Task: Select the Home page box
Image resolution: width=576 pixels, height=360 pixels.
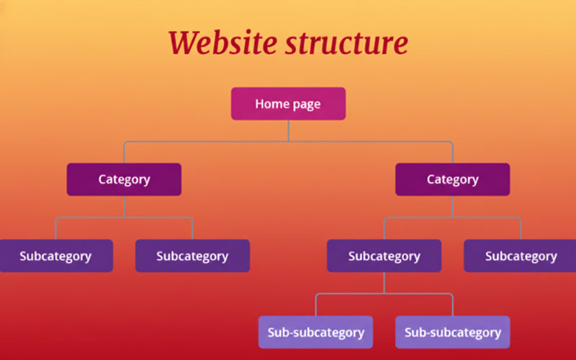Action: tap(288, 104)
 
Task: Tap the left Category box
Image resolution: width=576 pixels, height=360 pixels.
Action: tap(124, 179)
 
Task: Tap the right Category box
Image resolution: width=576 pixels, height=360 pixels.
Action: tap(452, 179)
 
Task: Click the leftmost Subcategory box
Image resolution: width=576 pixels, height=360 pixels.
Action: tap(55, 256)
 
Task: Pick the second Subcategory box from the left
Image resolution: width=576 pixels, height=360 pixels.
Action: tap(192, 256)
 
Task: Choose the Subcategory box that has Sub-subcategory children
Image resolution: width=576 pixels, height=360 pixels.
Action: tap(384, 256)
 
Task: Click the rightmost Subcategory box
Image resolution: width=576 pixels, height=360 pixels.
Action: tap(521, 256)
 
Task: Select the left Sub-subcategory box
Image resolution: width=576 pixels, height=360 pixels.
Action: tap(315, 332)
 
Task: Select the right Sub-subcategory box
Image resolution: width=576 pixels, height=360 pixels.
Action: tap(452, 332)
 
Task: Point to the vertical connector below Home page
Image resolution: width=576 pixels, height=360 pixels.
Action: tap(288, 130)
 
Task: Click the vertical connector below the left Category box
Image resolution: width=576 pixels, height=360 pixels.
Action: tap(124, 207)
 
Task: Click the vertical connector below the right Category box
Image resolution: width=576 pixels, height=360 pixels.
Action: tap(452, 207)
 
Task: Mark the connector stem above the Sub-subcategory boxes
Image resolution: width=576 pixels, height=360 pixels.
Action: tap(384, 283)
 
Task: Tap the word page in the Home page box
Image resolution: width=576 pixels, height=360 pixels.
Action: tap(307, 104)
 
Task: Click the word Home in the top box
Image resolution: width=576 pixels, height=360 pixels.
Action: tap(271, 104)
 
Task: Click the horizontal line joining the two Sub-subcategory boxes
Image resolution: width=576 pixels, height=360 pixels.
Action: tap(384, 294)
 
